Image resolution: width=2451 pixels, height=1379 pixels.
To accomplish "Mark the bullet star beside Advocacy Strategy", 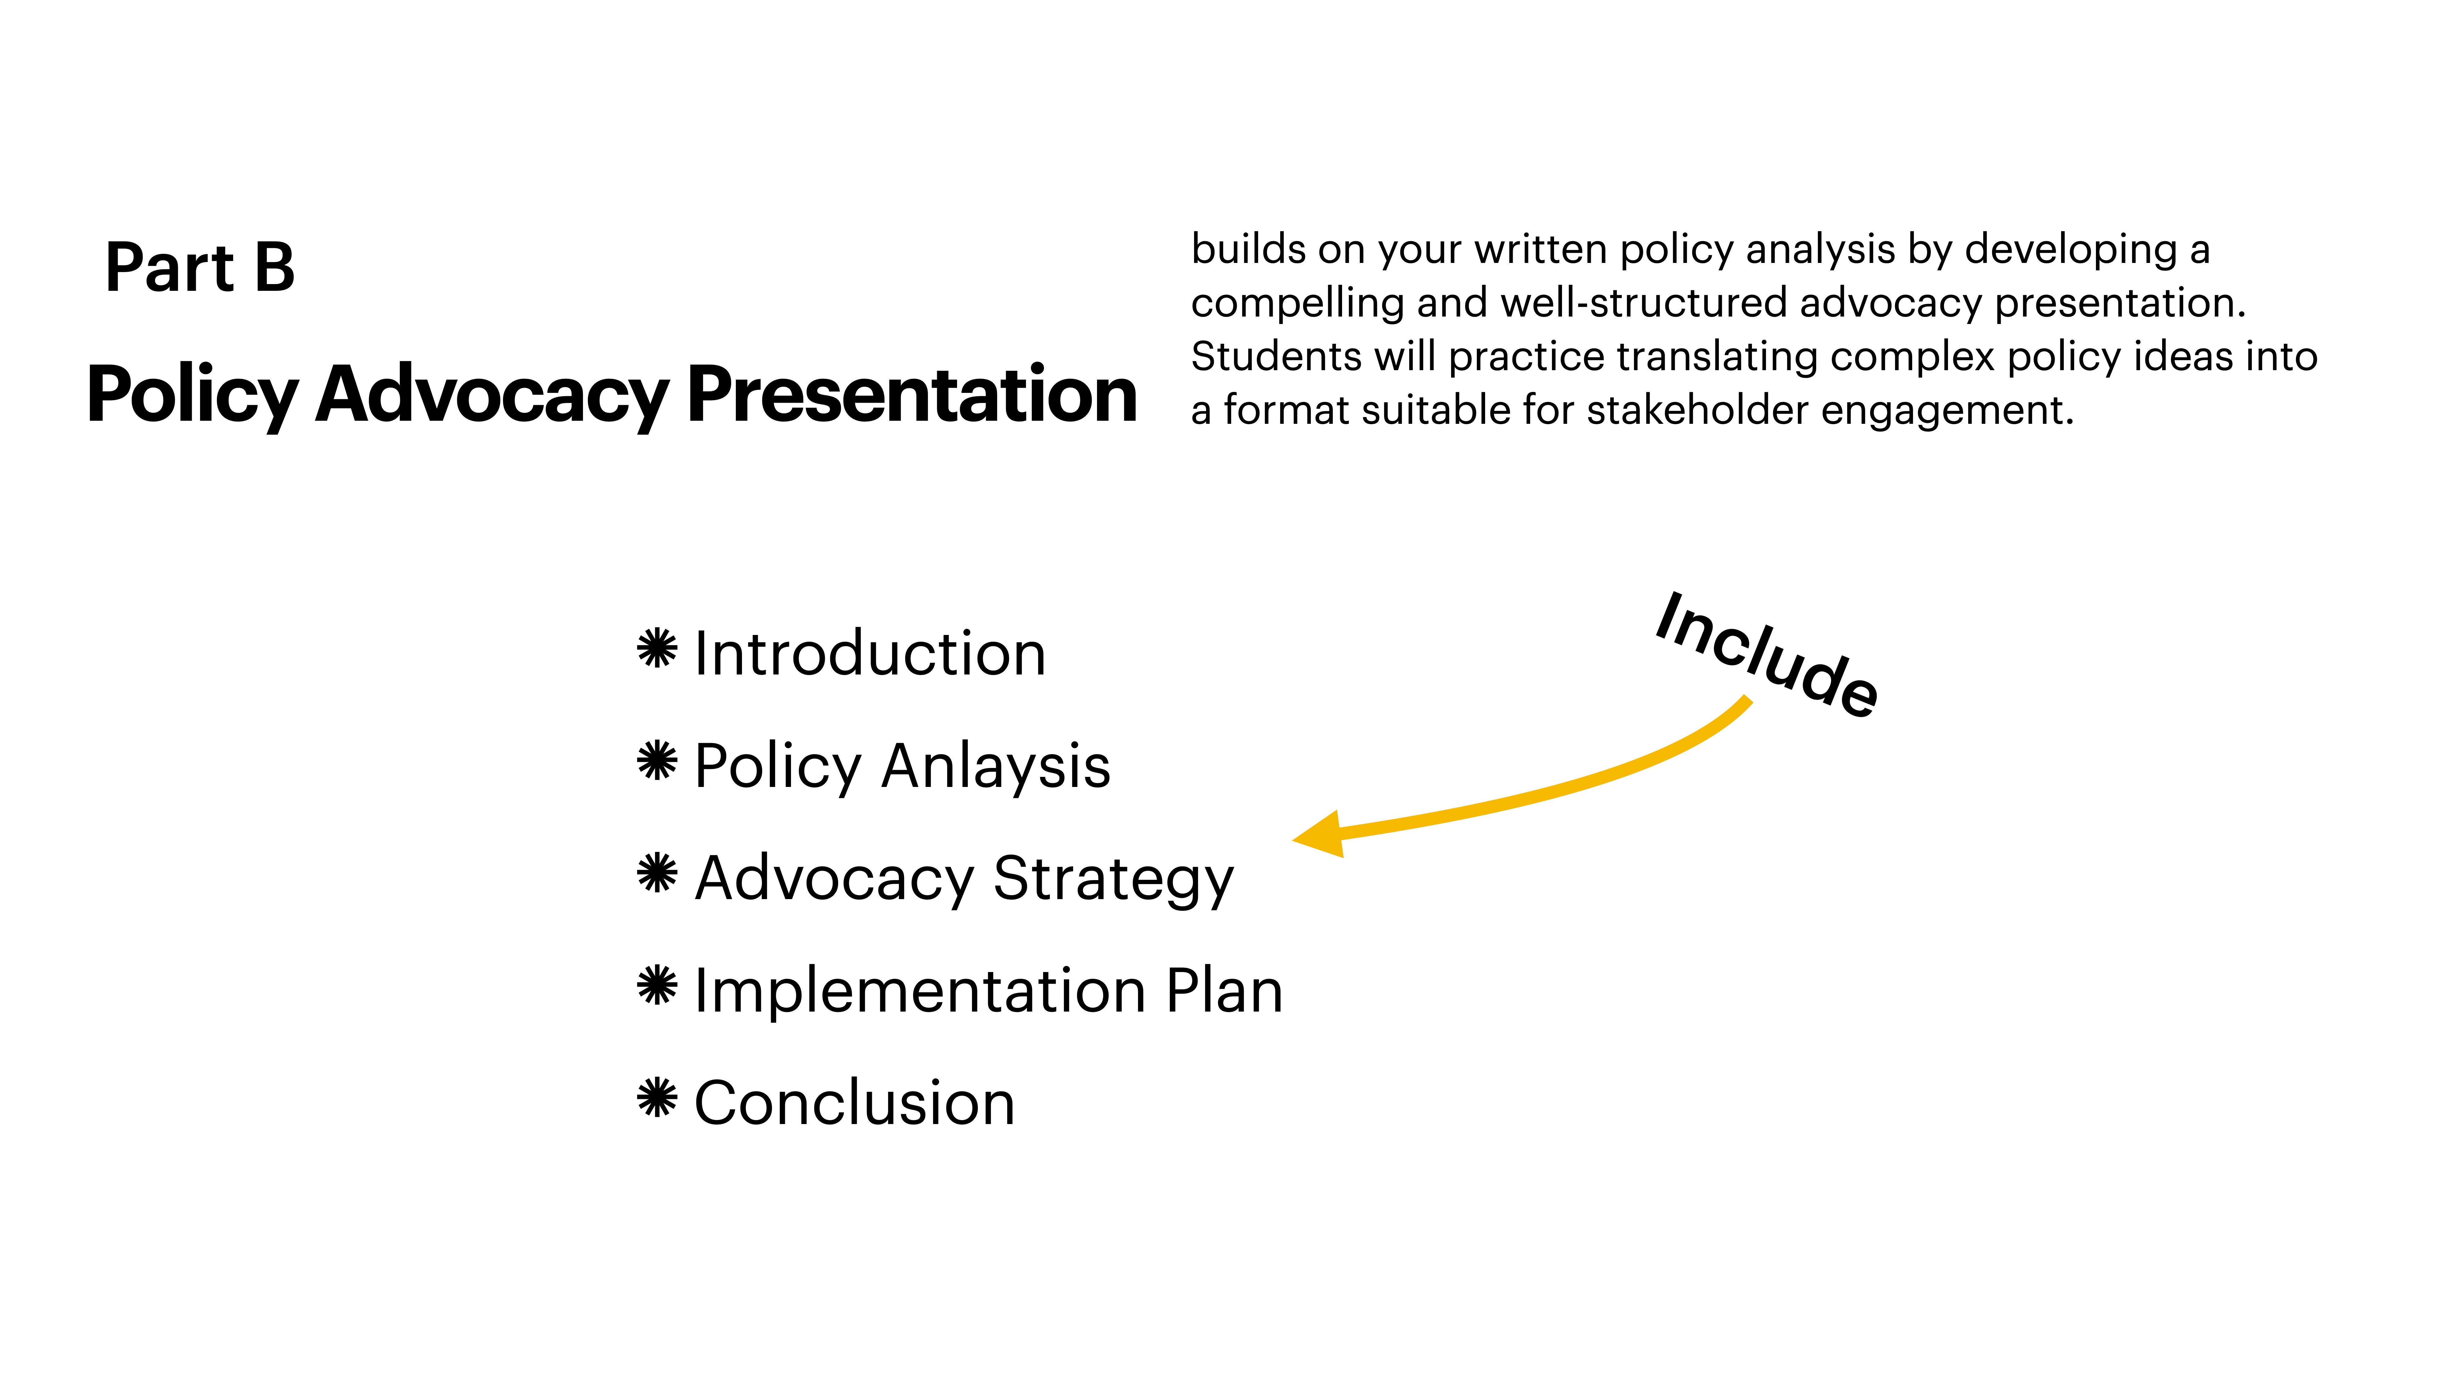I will coord(656,874).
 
